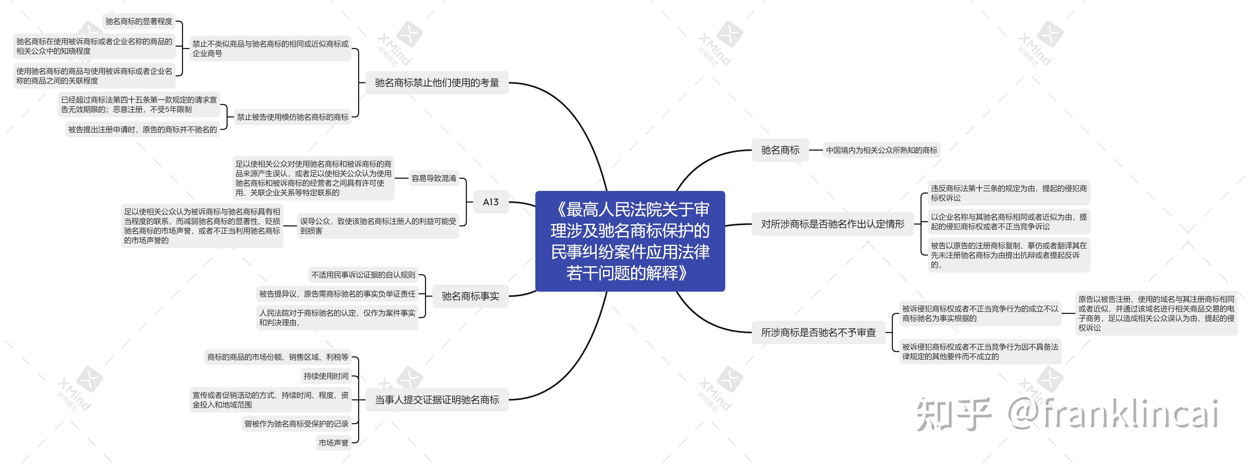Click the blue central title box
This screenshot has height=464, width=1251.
[630, 241]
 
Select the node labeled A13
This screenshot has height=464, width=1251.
[490, 202]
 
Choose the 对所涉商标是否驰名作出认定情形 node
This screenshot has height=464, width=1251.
[832, 224]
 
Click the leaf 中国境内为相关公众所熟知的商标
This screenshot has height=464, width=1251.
[881, 150]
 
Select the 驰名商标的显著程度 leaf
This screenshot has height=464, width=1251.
[139, 21]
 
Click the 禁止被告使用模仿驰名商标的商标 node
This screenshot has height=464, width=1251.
[292, 117]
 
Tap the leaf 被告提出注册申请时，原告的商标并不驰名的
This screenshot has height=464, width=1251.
[142, 130]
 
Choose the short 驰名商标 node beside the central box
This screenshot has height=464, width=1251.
[780, 150]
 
